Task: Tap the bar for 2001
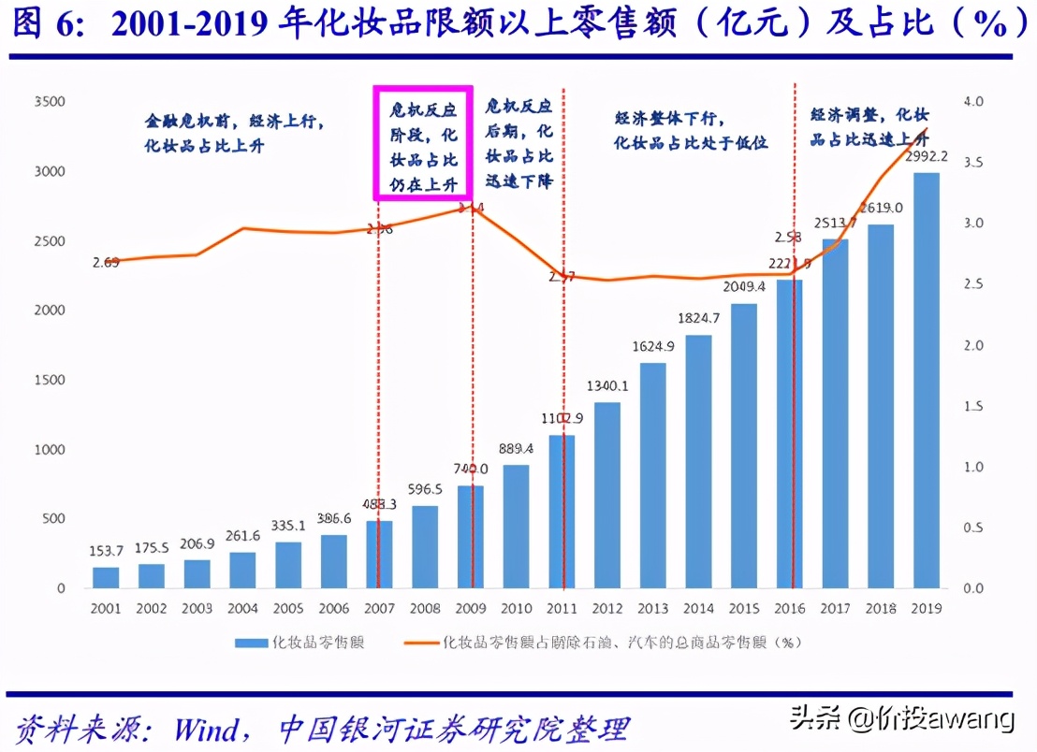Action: pos(106,577)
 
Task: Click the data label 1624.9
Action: pos(653,345)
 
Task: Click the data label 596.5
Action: pos(425,489)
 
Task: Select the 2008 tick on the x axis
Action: pos(425,609)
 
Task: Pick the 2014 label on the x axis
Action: pos(698,609)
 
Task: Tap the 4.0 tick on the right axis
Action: pos(973,101)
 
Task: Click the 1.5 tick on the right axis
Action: pos(973,406)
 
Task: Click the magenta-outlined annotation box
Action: pos(424,142)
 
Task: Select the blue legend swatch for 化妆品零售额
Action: pos(250,643)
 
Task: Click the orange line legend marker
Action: pos(420,643)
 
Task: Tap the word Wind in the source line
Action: pos(209,728)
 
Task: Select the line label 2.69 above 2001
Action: pos(106,263)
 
